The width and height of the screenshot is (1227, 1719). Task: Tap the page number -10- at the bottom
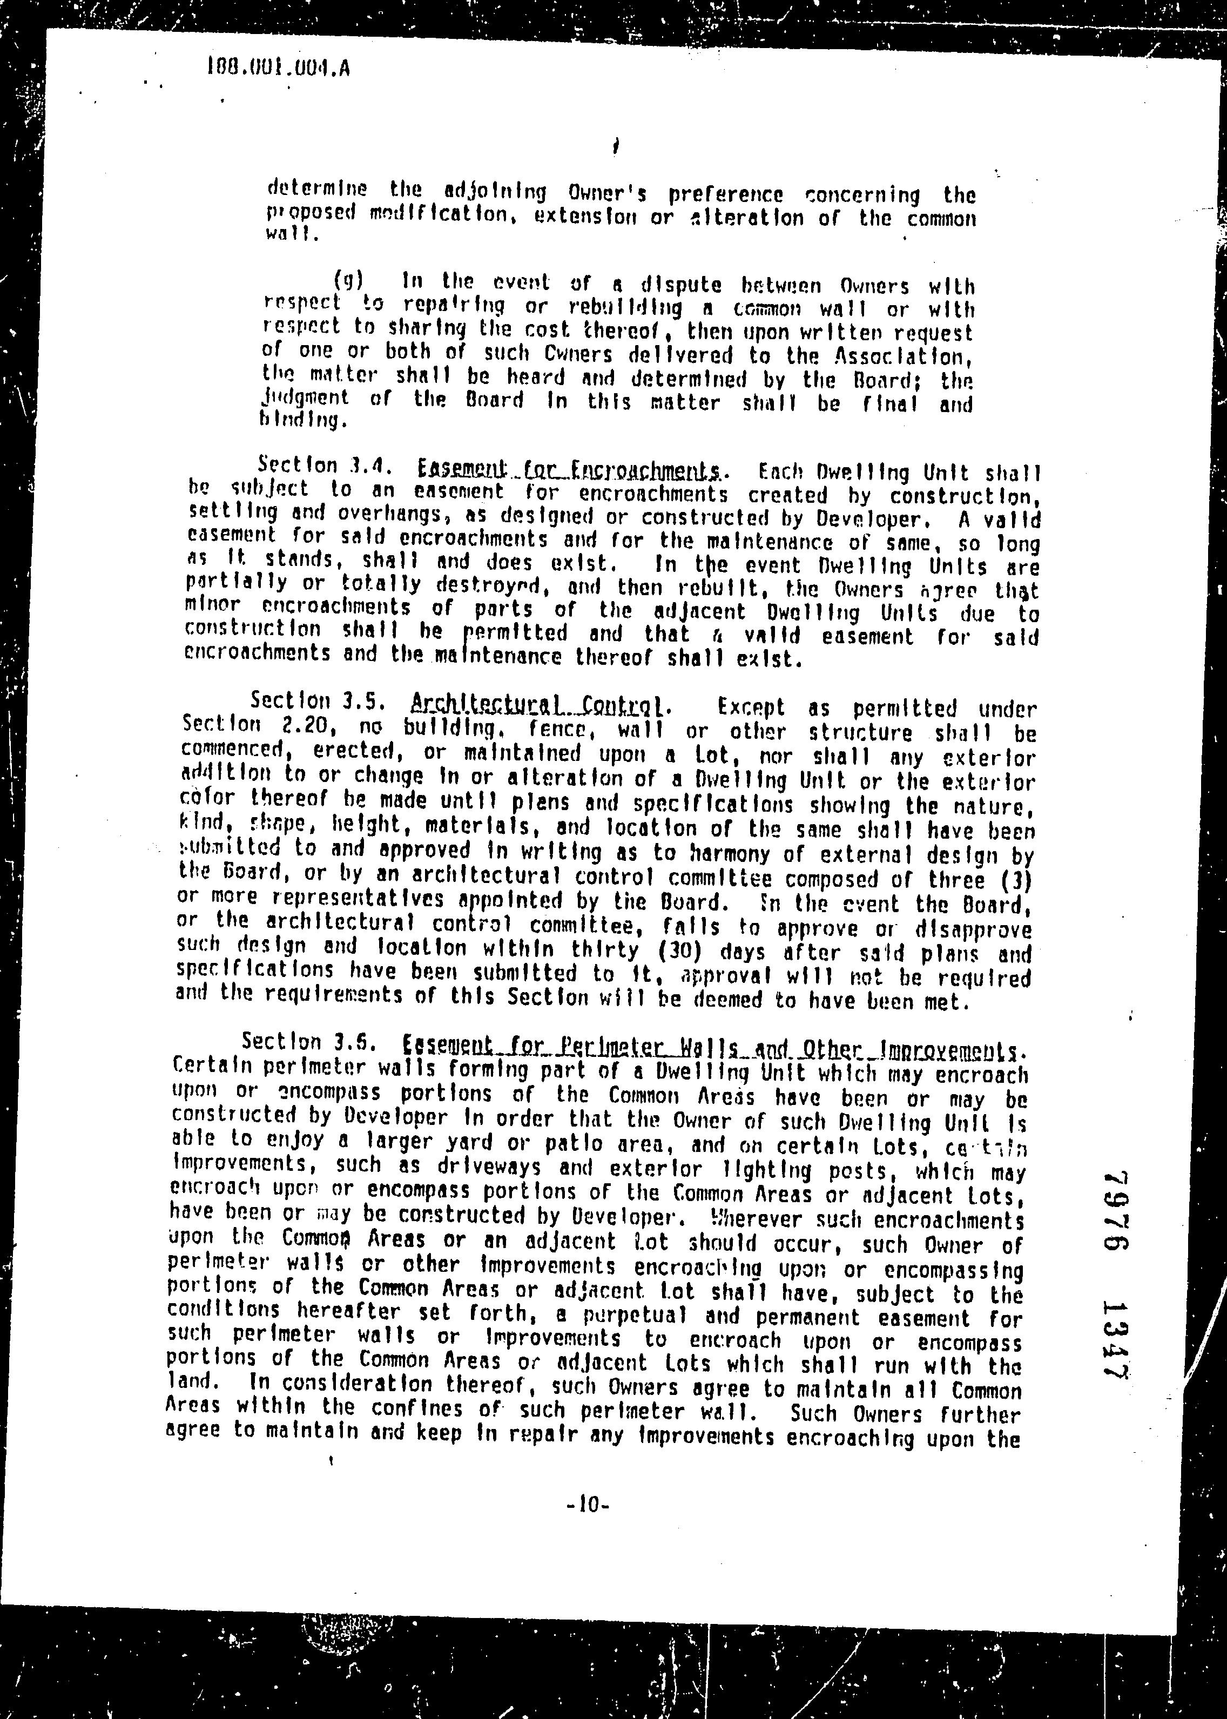587,1505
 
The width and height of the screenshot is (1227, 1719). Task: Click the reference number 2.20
303,725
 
